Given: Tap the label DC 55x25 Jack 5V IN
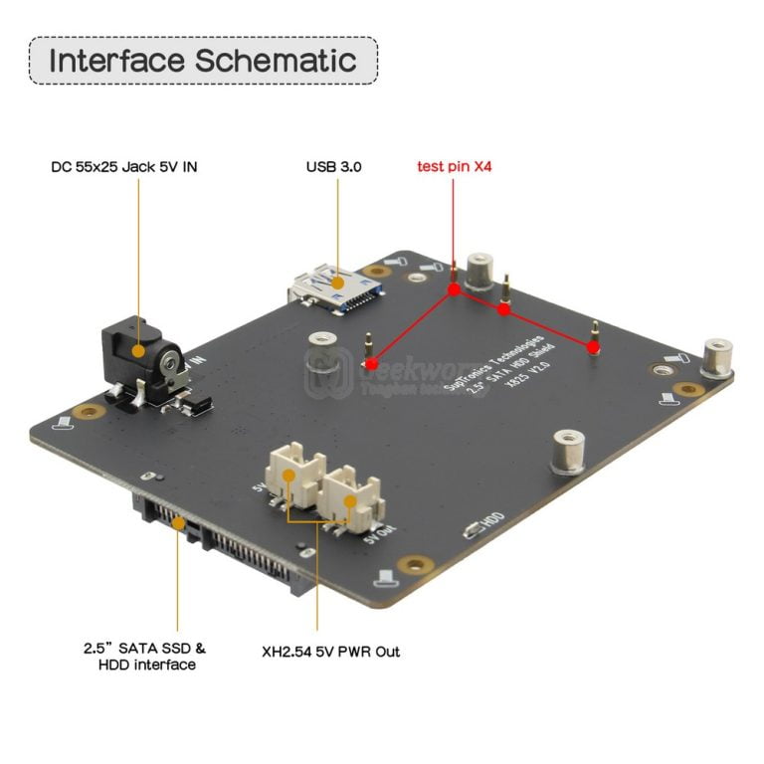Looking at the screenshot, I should (123, 167).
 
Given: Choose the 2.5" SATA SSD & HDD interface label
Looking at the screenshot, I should (145, 656).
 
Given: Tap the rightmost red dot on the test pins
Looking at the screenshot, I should (594, 347).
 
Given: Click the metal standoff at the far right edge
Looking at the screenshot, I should (717, 357).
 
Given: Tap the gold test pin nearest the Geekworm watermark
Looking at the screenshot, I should (369, 348).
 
